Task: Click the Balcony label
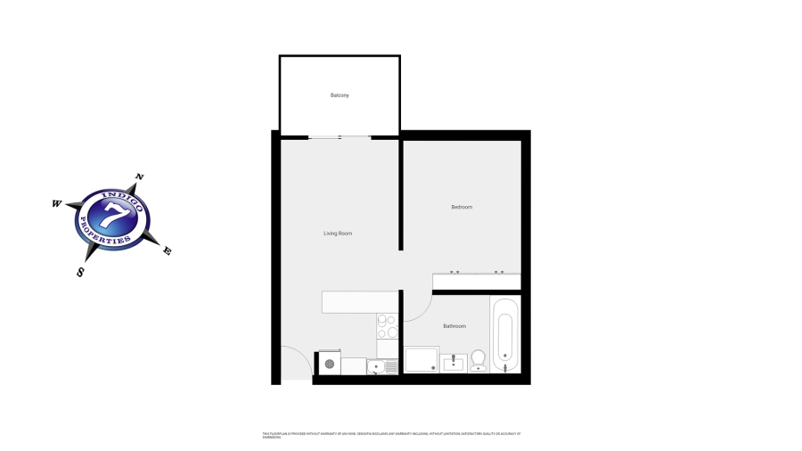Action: pyautogui.click(x=340, y=95)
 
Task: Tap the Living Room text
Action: pyautogui.click(x=338, y=234)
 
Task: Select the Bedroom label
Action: pyautogui.click(x=462, y=207)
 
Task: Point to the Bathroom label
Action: pyautogui.click(x=454, y=326)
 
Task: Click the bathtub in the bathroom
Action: pyautogui.click(x=504, y=335)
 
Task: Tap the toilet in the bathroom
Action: pyautogui.click(x=478, y=359)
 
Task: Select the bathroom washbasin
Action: pyautogui.click(x=454, y=362)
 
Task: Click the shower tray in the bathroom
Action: pyautogui.click(x=421, y=359)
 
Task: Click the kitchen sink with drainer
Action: pyautogui.click(x=382, y=365)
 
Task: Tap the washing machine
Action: pyautogui.click(x=329, y=364)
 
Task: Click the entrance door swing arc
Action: pyautogui.click(x=298, y=358)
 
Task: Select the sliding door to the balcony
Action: pyautogui.click(x=340, y=137)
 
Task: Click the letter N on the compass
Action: pyautogui.click(x=138, y=177)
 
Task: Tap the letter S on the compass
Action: pyautogui.click(x=80, y=272)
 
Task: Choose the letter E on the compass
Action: pyautogui.click(x=167, y=251)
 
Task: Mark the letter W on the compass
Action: pyautogui.click(x=56, y=204)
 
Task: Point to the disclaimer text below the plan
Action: pyautogui.click(x=392, y=435)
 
